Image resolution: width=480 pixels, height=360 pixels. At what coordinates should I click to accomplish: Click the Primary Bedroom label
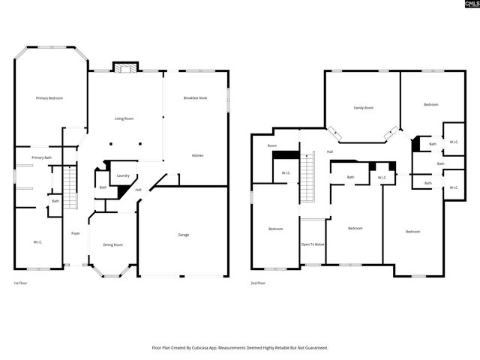[49, 99]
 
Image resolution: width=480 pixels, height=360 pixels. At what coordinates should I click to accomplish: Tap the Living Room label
[124, 118]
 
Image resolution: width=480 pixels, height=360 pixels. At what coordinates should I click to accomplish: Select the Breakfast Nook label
[196, 99]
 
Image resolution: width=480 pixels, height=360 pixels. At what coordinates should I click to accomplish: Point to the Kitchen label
[197, 155]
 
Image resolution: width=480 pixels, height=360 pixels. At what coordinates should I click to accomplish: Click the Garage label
[183, 235]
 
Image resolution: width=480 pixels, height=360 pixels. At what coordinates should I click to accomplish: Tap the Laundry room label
[123, 175]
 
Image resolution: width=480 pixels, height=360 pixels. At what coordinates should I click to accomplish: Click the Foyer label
[76, 233]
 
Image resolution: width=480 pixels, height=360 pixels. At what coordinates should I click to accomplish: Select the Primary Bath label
[42, 157]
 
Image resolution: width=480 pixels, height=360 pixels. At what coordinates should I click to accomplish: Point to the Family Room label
[364, 108]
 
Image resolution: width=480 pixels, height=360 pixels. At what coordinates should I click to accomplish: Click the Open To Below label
[313, 244]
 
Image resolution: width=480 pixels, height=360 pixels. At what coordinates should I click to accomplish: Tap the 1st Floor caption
[21, 283]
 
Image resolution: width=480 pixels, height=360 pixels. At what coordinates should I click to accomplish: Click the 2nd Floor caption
[259, 283]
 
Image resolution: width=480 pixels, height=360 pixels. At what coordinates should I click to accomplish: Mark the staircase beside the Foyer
[70, 188]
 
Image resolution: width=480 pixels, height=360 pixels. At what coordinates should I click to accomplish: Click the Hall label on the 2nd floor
[329, 151]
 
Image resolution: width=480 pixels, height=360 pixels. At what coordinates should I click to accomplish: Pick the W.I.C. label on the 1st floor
[37, 242]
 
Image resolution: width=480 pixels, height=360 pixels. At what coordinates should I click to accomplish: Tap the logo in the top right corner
[466, 6]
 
